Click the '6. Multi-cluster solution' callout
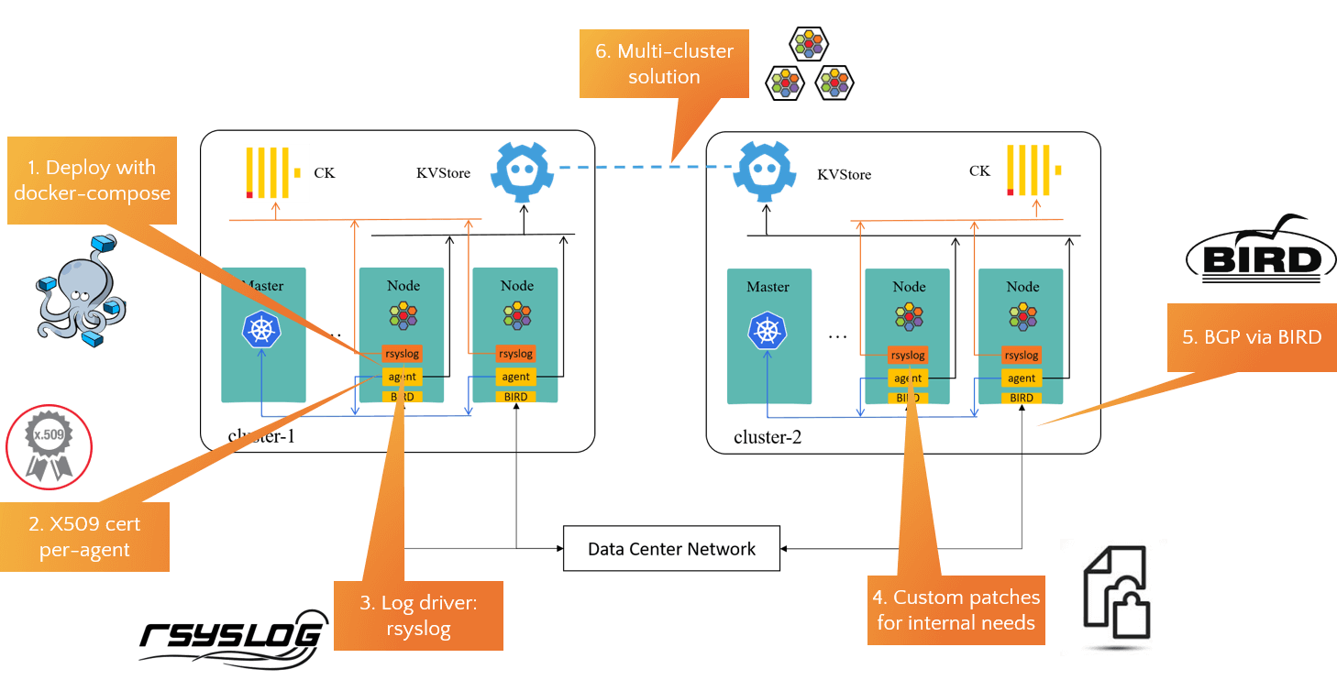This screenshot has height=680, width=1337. tap(664, 64)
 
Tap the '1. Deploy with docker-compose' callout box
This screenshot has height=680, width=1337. tap(92, 181)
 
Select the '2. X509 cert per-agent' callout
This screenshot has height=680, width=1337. tap(84, 537)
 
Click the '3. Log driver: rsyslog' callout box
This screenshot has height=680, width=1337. tap(418, 616)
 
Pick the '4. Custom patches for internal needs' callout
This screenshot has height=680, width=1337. tap(956, 610)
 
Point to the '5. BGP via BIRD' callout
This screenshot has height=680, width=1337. tap(1252, 337)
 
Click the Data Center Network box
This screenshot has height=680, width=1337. tap(671, 549)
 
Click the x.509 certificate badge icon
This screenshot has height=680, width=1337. tap(50, 447)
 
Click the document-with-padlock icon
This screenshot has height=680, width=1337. tap(1113, 597)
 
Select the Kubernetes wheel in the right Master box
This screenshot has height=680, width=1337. tap(768, 331)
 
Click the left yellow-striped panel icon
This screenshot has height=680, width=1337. tap(275, 172)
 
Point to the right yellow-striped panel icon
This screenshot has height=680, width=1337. tap(1035, 170)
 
